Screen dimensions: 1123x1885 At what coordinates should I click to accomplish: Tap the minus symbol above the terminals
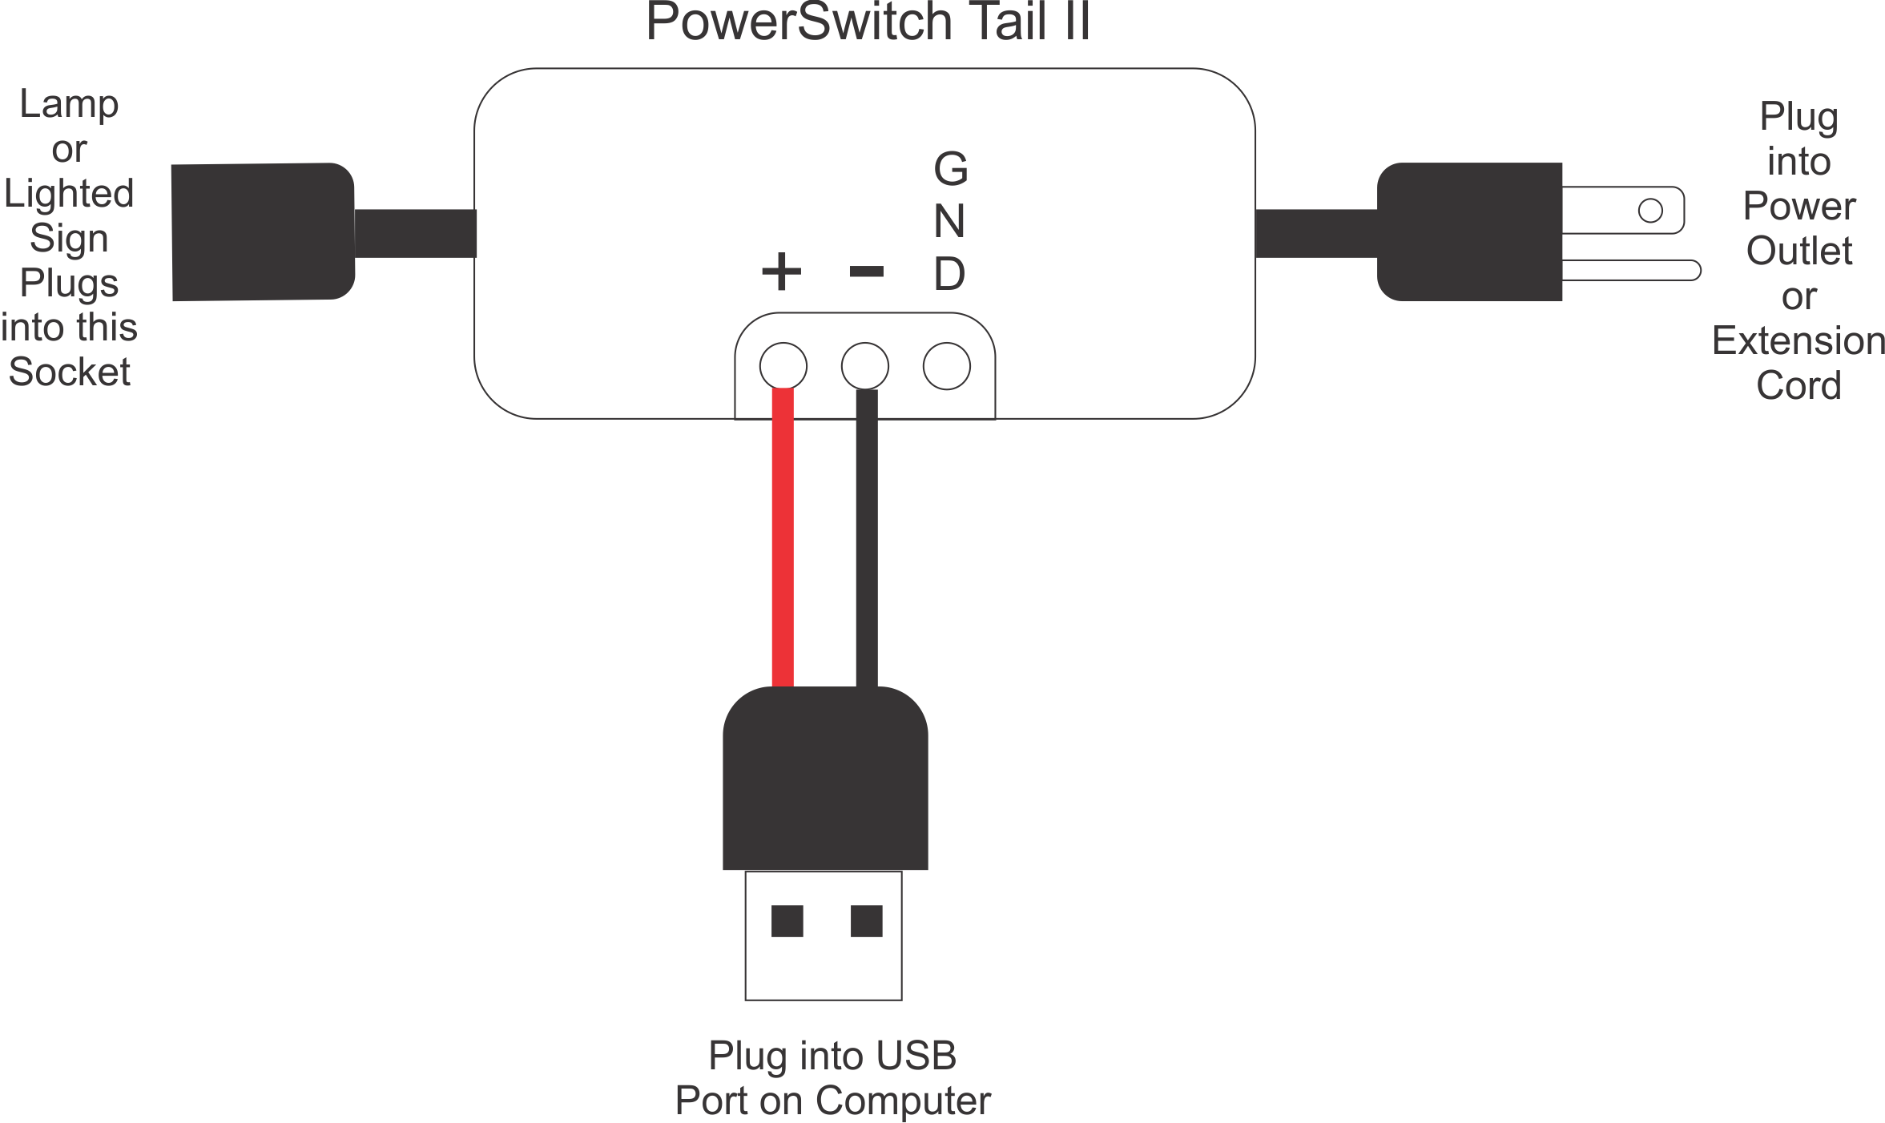866,272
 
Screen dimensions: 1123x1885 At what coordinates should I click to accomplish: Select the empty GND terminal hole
946,366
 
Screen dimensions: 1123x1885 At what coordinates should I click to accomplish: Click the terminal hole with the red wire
783,365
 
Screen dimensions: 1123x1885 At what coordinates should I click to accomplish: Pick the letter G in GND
951,169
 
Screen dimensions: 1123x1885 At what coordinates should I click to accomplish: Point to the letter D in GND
949,274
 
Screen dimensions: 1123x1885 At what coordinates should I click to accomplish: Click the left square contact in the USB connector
787,920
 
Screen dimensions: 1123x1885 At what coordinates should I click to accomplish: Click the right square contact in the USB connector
866,920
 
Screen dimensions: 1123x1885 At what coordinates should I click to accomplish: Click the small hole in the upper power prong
1650,210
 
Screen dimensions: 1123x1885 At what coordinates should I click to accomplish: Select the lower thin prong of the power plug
1630,270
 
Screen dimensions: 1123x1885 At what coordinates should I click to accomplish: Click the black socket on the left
263,232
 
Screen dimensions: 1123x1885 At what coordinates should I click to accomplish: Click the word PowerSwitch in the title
798,22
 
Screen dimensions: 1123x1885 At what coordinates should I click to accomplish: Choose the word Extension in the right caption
1798,341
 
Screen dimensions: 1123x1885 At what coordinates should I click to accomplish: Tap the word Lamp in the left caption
69,104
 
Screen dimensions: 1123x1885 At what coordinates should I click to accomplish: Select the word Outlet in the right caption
1798,252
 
